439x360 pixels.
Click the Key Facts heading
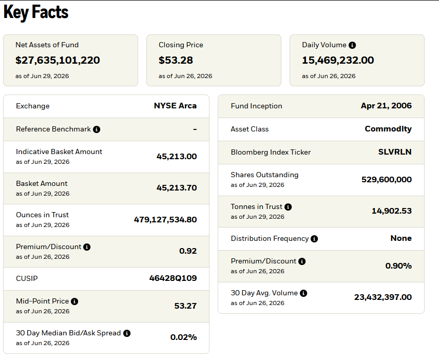[x=36, y=13]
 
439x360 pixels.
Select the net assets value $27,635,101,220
[x=58, y=60]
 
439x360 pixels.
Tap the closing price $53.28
[x=176, y=60]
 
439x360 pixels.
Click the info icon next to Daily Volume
[x=352, y=45]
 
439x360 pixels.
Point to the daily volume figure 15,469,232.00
[x=338, y=60]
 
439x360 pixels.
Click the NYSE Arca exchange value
[x=175, y=106]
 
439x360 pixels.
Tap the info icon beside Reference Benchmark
[x=97, y=129]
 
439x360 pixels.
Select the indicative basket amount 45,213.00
[x=177, y=157]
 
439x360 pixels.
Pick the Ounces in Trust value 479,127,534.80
[x=165, y=220]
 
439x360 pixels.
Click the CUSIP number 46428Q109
[x=173, y=278]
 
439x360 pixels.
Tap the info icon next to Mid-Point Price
[x=74, y=301]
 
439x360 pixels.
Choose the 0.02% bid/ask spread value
[x=184, y=337]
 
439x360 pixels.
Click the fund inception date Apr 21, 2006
[x=386, y=106]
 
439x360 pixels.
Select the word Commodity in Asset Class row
[x=388, y=129]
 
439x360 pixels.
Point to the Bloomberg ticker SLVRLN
[x=395, y=152]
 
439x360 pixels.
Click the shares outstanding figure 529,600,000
[x=387, y=180]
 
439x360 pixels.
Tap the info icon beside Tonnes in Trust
[x=288, y=207]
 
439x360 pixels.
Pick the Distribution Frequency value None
[x=401, y=238]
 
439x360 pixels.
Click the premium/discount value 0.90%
[x=398, y=266]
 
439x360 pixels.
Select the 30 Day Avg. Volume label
[x=264, y=293]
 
